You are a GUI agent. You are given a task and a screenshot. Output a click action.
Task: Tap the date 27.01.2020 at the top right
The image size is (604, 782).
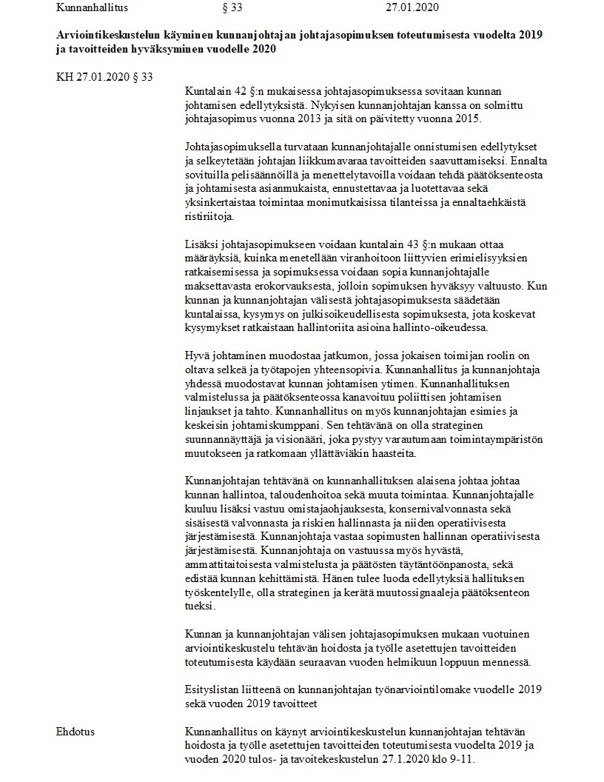pos(412,8)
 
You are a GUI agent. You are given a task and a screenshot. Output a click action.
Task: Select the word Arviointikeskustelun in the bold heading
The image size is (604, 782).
pos(107,36)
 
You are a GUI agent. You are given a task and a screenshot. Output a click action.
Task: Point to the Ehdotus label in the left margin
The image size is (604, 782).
pos(75,732)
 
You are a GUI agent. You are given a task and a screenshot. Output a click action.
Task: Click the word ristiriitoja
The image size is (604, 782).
pos(209,217)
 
